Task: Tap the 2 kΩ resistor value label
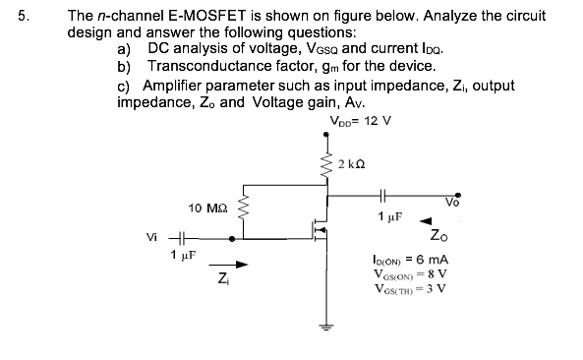(351, 163)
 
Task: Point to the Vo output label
(452, 203)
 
